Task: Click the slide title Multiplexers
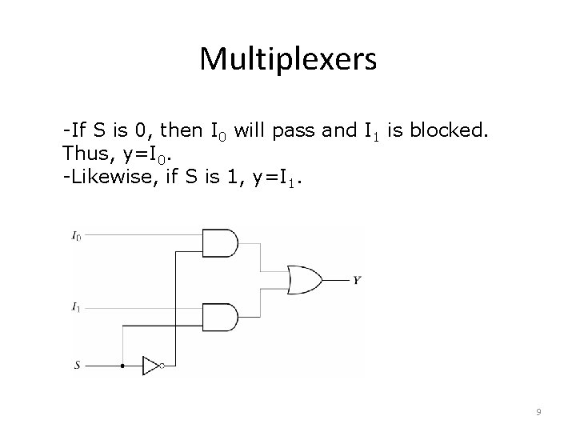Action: click(x=287, y=58)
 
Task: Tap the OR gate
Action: click(x=304, y=280)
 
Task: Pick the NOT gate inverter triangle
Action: click(x=151, y=366)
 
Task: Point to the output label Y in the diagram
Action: click(x=356, y=281)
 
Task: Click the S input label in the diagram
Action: click(x=78, y=366)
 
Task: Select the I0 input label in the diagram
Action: click(x=76, y=235)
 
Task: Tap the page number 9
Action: click(x=538, y=411)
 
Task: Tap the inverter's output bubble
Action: click(x=162, y=366)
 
